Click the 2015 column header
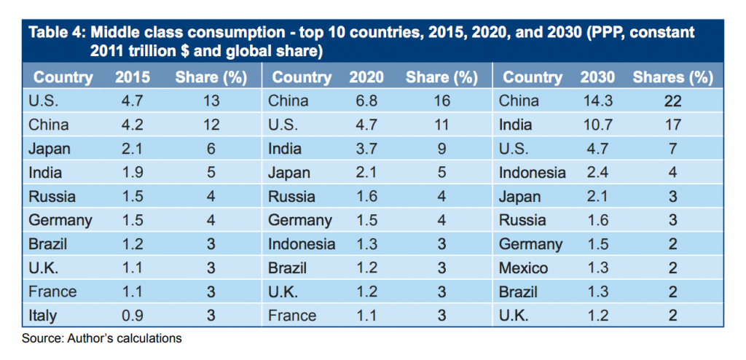[133, 77]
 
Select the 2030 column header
[597, 77]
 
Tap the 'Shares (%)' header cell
[672, 77]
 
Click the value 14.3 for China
[597, 101]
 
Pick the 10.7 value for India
[597, 125]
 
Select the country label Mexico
[523, 268]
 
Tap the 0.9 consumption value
[133, 316]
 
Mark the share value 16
[441, 101]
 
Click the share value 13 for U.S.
[211, 101]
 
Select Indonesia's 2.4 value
[597, 173]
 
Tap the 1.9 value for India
[133, 173]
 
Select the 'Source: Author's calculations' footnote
[102, 338]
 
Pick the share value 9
[441, 149]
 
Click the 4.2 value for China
[133, 125]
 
